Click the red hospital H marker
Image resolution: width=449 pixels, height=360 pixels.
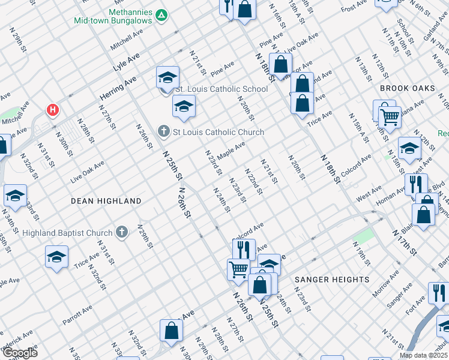pyautogui.click(x=53, y=110)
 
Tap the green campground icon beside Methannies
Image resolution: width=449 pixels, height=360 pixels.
pyautogui.click(x=161, y=15)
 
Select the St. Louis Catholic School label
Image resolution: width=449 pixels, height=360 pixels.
pyautogui.click(x=221, y=89)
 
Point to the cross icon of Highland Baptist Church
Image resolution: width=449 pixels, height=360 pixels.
pyautogui.click(x=122, y=233)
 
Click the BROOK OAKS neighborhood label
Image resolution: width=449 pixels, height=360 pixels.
pyautogui.click(x=407, y=88)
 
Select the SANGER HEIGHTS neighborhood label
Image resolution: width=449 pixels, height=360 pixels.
pyautogui.click(x=332, y=280)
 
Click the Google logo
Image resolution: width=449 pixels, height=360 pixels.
pyautogui.click(x=20, y=353)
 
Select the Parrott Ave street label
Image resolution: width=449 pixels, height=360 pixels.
pyautogui.click(x=77, y=314)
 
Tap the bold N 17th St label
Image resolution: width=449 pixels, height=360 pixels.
pyautogui.click(x=404, y=239)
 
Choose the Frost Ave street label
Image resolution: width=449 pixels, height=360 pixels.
pyautogui.click(x=354, y=8)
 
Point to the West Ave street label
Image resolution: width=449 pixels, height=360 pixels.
pyautogui.click(x=369, y=196)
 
